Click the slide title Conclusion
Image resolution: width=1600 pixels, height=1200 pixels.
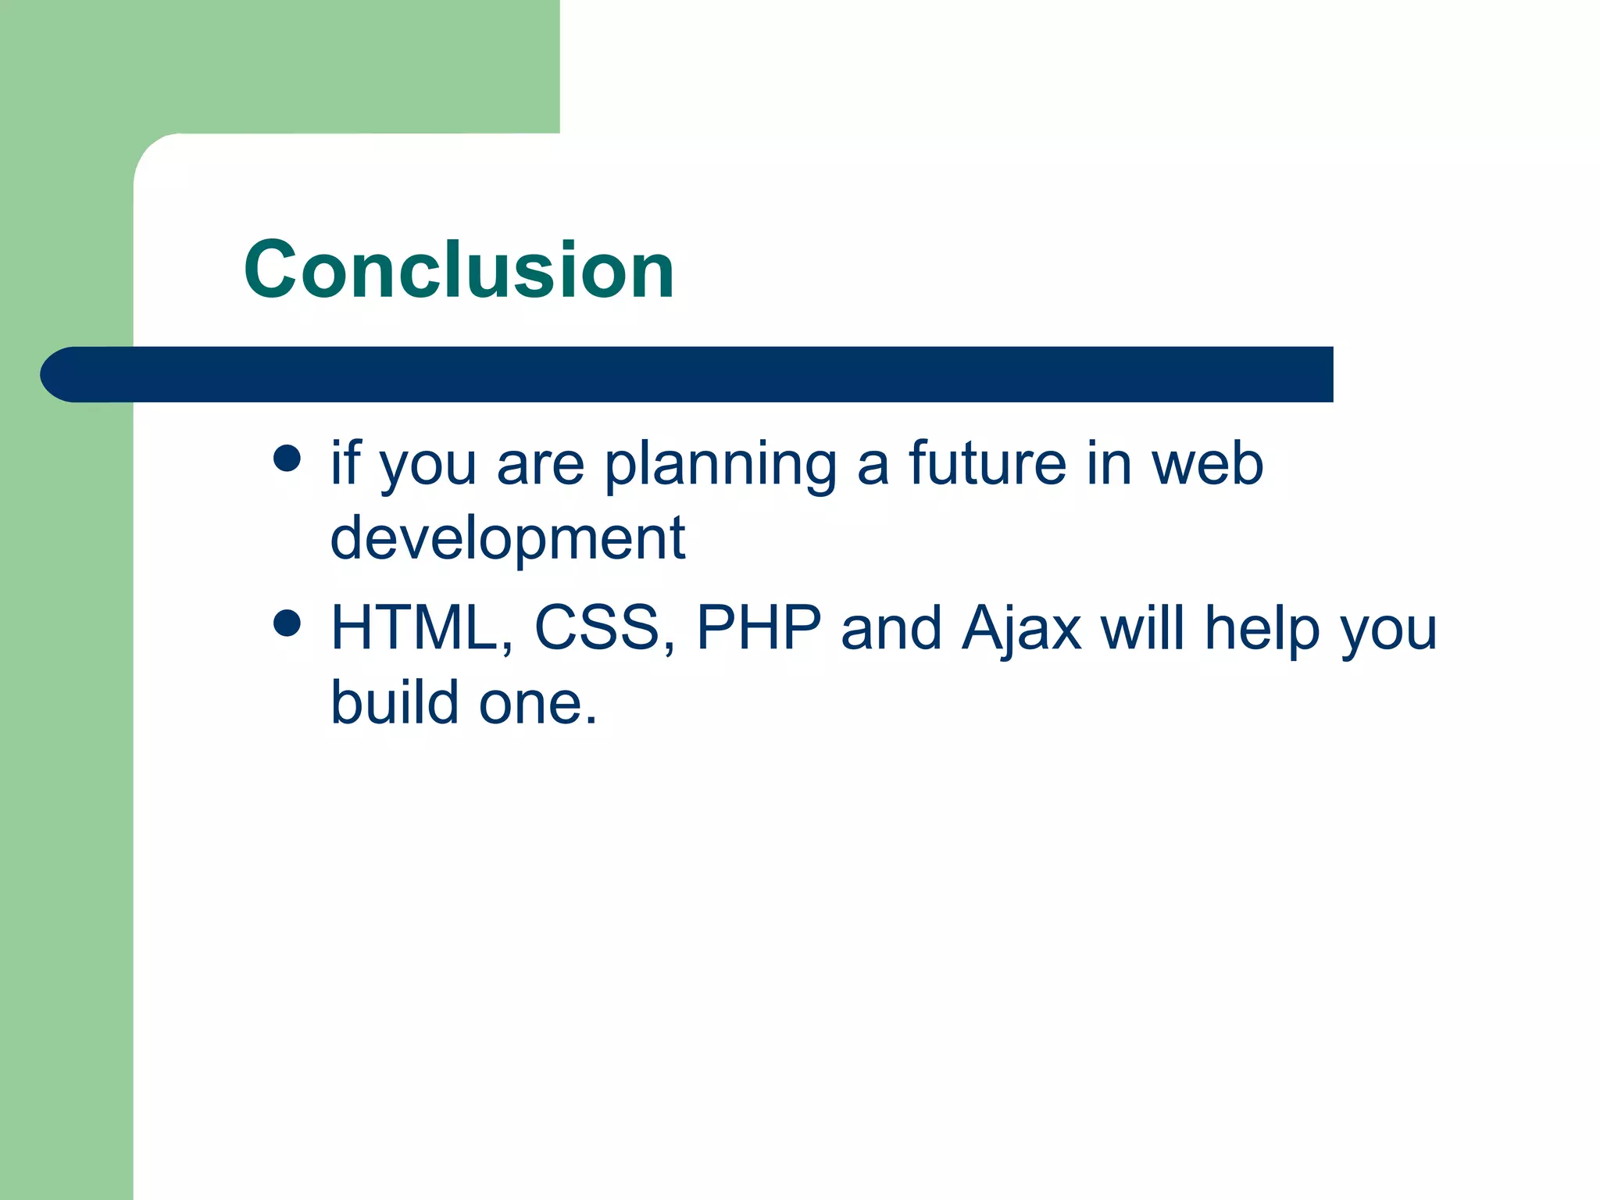459,270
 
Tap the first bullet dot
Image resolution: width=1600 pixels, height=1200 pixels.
287,459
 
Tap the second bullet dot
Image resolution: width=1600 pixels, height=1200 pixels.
287,623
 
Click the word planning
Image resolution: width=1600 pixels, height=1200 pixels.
720,466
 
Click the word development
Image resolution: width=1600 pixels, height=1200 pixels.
507,539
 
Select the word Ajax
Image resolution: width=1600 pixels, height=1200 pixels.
1021,629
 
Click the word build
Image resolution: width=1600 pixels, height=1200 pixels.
395,702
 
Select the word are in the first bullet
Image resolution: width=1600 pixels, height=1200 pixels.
540,466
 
